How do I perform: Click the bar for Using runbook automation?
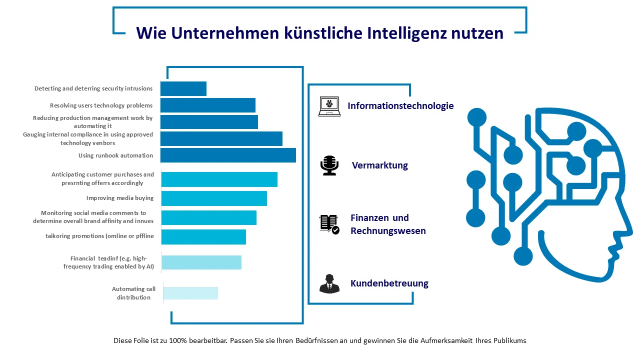(228, 155)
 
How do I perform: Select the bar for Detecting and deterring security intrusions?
(183, 88)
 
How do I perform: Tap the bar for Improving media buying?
(214, 198)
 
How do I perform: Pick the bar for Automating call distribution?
(190, 293)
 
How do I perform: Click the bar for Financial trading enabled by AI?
(201, 262)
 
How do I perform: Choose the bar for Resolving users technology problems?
(208, 105)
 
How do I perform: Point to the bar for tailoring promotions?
(203, 237)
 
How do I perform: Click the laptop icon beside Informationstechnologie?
(329, 106)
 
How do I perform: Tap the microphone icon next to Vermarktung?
(329, 165)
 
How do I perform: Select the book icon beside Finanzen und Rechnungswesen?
(329, 224)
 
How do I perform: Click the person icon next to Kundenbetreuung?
(329, 283)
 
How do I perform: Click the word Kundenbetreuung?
(389, 283)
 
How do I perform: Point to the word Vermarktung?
(379, 165)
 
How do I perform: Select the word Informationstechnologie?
(400, 106)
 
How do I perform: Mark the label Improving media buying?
(120, 198)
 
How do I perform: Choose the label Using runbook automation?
(115, 155)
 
